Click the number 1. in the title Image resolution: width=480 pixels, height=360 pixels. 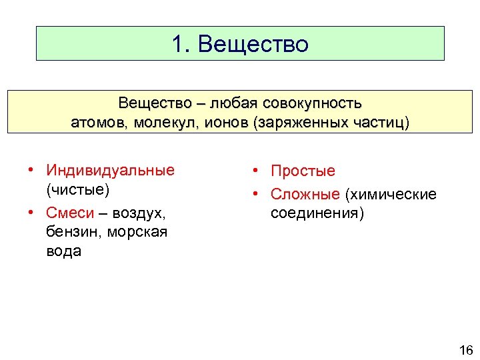coord(182,44)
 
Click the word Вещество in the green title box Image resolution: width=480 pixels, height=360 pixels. coord(253,44)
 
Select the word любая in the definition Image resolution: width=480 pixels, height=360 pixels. coord(237,103)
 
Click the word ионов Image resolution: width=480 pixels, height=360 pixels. coord(223,123)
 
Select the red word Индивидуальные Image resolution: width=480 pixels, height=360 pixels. coord(110,170)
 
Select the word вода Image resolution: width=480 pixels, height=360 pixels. coord(63,251)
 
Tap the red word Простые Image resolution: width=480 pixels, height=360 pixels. coord(303,171)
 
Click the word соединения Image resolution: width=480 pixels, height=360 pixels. coord(317,213)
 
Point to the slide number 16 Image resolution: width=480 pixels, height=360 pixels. coord(465,351)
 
